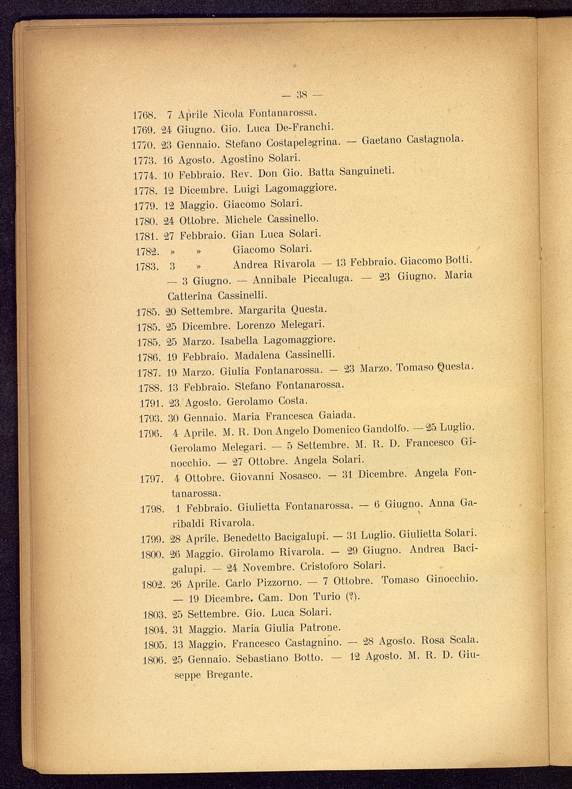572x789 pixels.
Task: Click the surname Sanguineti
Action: click(367, 172)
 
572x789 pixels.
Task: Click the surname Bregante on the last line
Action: click(229, 675)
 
